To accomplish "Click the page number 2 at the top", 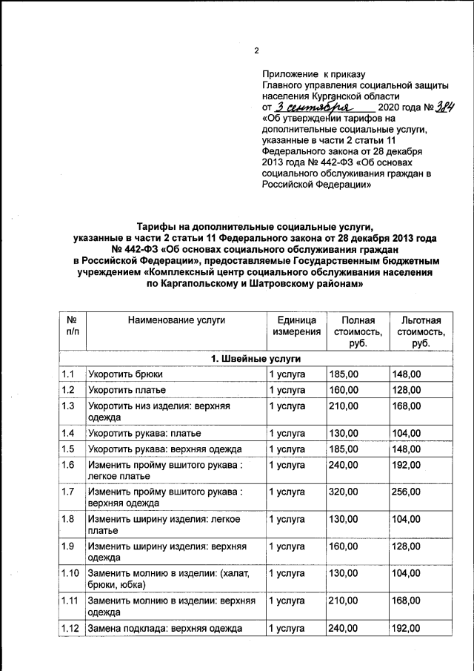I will (x=256, y=51).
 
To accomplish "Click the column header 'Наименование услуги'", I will (x=176, y=320).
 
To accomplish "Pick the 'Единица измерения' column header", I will (x=296, y=326).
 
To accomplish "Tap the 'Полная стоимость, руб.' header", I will (x=357, y=332).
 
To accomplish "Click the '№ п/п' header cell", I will (x=72, y=326).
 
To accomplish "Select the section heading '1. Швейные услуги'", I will (x=256, y=359).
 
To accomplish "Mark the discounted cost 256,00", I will (x=406, y=492).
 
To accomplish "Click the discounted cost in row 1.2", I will (x=406, y=390).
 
